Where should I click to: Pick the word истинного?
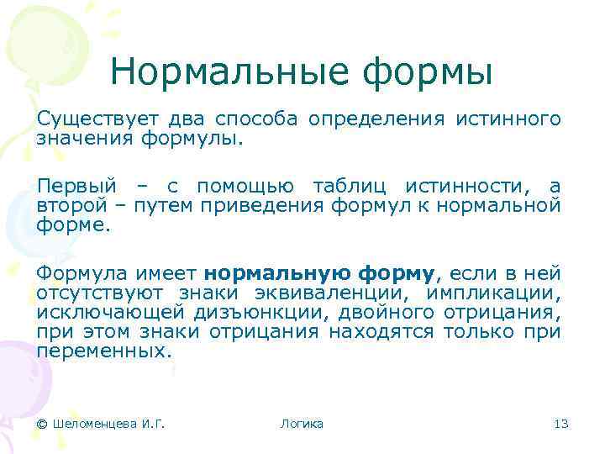[508, 119]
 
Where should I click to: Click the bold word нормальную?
[277, 273]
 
